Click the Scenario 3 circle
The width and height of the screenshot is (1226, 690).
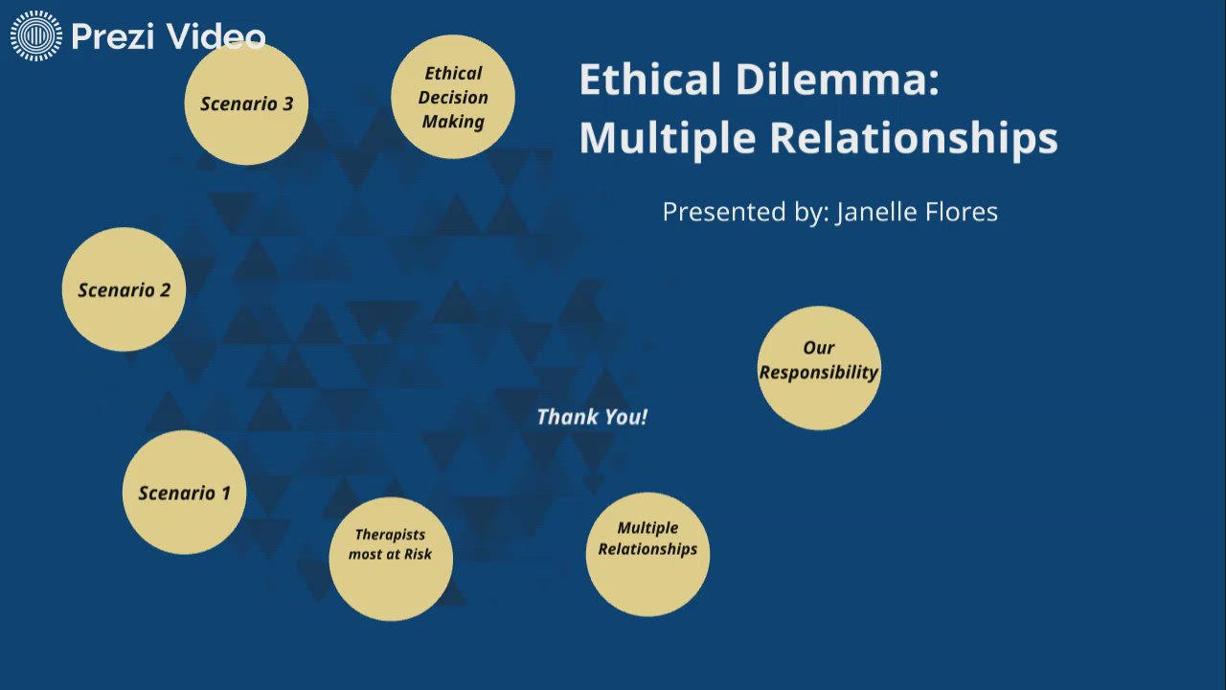[246, 103]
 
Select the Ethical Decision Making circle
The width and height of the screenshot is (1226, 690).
[453, 97]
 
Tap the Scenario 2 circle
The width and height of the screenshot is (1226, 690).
[124, 289]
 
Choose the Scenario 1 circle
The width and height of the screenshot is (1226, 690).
[184, 493]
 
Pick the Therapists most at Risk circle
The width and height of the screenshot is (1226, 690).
[391, 559]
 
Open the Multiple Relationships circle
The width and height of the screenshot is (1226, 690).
[647, 554]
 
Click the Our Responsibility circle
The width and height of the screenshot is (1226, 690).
[819, 368]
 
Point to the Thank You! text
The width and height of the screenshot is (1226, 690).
[592, 417]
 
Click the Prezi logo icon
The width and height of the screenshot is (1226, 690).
[36, 36]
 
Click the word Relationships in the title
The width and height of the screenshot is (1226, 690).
[914, 138]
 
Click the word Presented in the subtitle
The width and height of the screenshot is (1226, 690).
[724, 212]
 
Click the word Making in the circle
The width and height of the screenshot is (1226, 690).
[453, 122]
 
